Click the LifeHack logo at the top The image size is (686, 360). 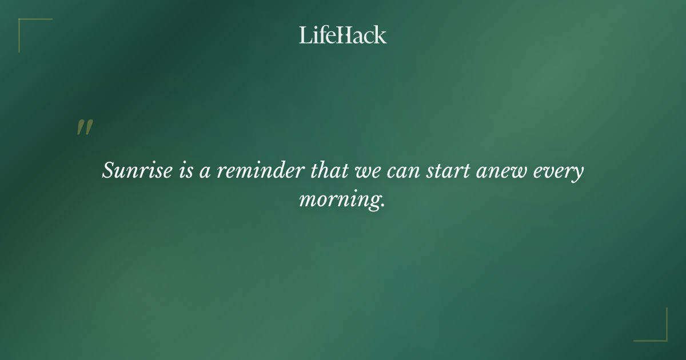343,35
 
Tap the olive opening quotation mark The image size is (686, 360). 85,128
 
